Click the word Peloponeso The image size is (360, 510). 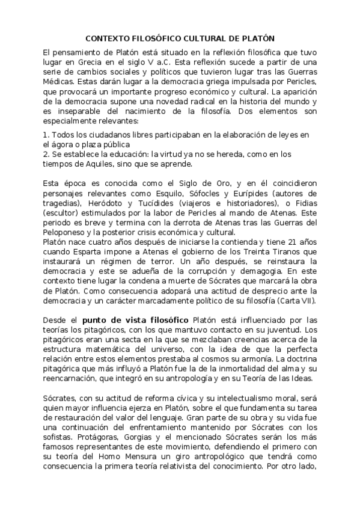coord(67,235)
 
